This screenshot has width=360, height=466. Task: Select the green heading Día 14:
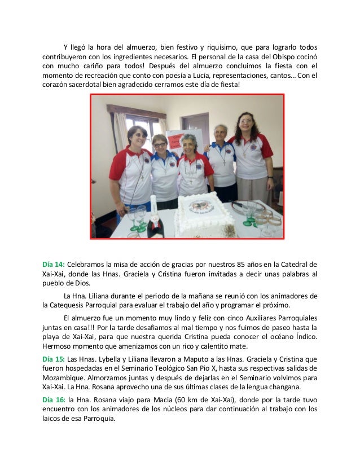(54, 264)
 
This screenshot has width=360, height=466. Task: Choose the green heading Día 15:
(54, 358)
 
